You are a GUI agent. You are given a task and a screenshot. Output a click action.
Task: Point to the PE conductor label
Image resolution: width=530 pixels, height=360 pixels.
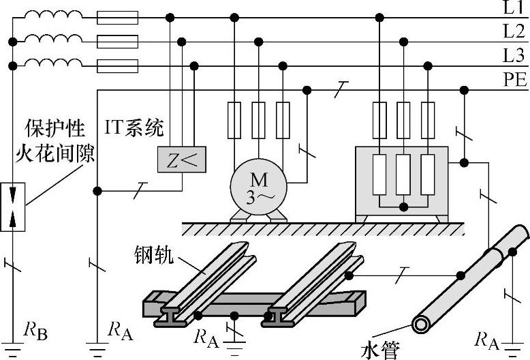pos(515,80)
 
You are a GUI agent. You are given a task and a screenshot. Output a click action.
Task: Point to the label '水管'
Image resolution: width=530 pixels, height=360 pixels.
pos(380,350)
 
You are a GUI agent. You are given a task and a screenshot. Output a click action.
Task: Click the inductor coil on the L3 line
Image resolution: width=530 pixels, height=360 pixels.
pos(50,64)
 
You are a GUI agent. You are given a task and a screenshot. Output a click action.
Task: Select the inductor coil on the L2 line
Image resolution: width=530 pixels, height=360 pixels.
pos(50,40)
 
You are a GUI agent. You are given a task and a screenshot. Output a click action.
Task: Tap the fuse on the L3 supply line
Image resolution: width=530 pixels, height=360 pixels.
pos(117,66)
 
